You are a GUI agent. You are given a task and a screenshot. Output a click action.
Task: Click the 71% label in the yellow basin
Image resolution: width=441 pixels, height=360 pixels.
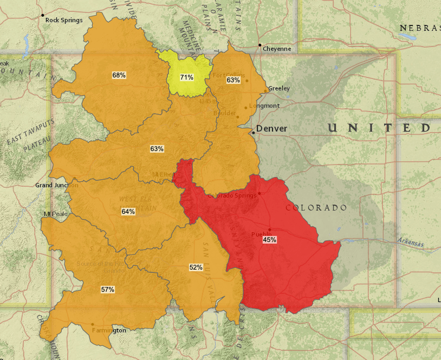point(187,77)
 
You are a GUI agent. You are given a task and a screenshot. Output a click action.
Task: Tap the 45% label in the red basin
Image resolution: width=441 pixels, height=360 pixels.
point(269,239)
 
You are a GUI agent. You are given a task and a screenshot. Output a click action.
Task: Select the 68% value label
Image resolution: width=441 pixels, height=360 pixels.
point(119,75)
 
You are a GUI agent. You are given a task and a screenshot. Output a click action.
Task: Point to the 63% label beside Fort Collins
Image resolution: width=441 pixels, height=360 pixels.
point(233,80)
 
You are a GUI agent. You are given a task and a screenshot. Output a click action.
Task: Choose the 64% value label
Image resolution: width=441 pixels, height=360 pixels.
point(128,212)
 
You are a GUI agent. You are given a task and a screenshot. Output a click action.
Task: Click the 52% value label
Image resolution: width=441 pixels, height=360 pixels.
point(196,267)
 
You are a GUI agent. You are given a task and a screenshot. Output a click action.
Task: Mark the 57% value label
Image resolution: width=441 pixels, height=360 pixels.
point(108,290)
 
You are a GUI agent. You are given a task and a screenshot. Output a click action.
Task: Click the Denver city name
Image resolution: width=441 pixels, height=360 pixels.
point(272,129)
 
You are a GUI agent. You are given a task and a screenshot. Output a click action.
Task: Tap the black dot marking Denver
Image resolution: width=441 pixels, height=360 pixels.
point(253,132)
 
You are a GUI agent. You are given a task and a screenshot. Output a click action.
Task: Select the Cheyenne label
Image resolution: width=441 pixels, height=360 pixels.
point(277,49)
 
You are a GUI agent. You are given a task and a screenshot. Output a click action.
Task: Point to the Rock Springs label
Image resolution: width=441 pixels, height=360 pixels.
point(64,21)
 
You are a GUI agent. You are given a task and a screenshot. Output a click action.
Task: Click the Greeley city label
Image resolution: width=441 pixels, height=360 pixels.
point(279,88)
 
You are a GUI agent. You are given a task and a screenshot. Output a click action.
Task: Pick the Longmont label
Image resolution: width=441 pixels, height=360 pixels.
point(264,106)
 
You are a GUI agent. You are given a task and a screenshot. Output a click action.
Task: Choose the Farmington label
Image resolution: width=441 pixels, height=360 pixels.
point(109,330)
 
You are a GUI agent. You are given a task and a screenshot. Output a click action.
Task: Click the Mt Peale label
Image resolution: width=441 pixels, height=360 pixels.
point(56,214)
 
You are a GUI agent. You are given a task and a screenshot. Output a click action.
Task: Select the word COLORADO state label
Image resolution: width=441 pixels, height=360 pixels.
point(316,208)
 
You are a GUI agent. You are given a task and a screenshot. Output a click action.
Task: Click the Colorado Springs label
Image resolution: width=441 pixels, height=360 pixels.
point(231,196)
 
